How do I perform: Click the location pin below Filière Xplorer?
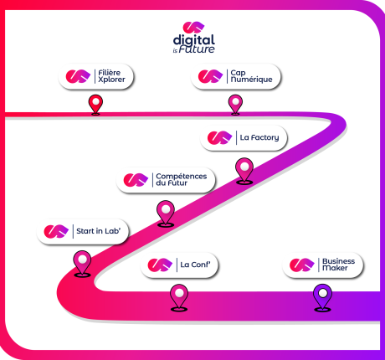95,105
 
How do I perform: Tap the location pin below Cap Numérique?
235,105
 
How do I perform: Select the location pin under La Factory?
244,171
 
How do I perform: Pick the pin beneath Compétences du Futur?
166,213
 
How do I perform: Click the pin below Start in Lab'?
82,264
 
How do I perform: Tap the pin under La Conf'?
179,297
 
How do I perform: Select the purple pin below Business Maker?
323,297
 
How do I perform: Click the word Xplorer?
111,80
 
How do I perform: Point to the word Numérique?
251,80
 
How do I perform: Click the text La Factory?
259,137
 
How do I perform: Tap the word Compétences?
182,177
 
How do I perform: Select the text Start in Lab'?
99,231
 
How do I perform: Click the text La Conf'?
195,265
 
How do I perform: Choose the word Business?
339,261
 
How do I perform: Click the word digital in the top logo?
194,41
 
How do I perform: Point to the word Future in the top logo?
197,49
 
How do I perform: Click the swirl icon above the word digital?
193,27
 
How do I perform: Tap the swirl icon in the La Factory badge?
220,137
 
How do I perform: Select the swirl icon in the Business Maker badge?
302,265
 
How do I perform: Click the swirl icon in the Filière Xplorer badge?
78,76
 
